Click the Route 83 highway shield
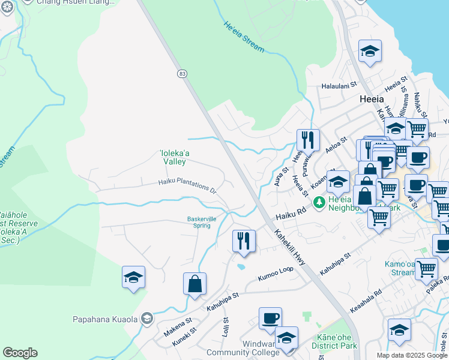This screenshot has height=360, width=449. pyautogui.click(x=182, y=73)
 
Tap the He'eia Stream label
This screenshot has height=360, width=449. pyautogui.click(x=244, y=37)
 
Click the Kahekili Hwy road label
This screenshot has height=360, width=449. pyautogui.click(x=291, y=246)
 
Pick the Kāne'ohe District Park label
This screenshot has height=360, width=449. pyautogui.click(x=334, y=342)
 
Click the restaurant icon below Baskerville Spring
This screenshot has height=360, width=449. pyautogui.click(x=244, y=241)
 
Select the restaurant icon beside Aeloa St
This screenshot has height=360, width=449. pyautogui.click(x=308, y=140)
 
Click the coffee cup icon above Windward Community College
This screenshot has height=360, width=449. pyautogui.click(x=270, y=317)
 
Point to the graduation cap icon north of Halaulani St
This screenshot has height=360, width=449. pyautogui.click(x=370, y=51)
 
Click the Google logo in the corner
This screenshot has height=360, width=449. pyautogui.click(x=20, y=353)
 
